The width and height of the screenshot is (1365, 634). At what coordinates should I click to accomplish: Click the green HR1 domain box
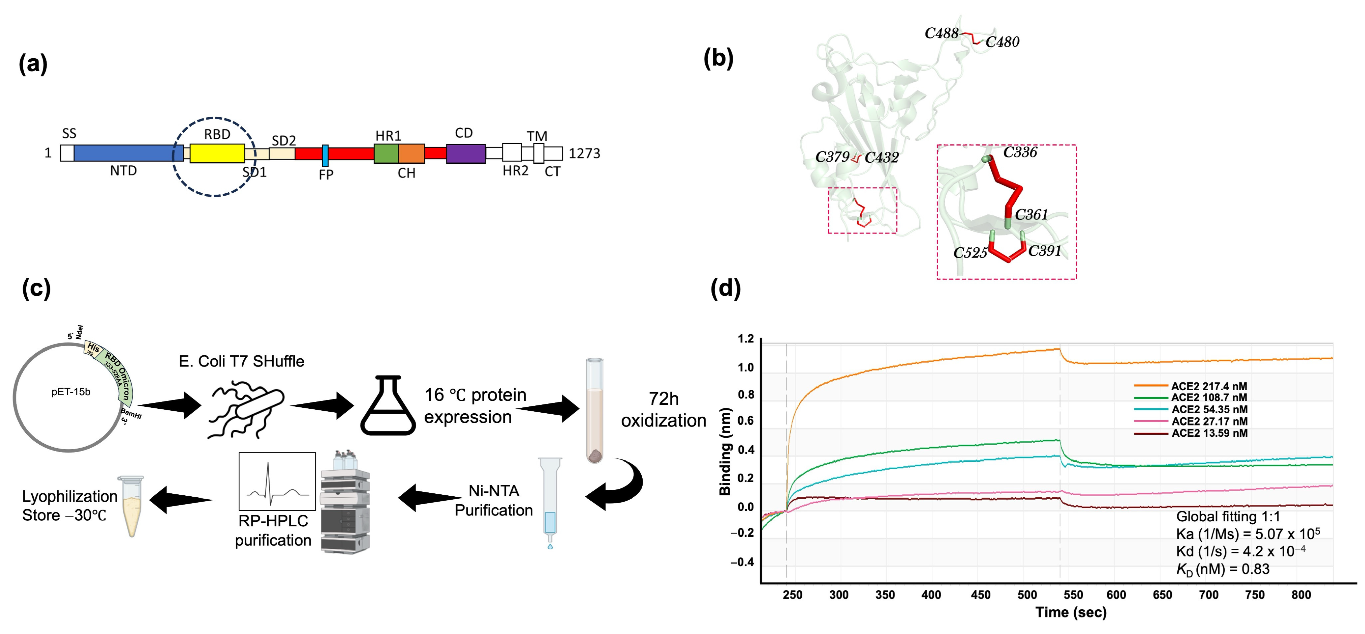pos(386,153)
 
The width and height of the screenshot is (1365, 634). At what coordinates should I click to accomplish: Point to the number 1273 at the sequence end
pos(584,154)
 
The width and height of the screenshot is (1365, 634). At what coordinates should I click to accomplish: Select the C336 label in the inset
pos(1020,153)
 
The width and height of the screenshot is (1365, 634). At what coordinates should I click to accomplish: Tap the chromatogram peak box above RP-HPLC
pos(277,481)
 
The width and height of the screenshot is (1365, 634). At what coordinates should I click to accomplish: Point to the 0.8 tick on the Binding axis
pos(746,394)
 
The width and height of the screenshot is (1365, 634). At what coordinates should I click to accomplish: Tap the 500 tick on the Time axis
pos(1027,595)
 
